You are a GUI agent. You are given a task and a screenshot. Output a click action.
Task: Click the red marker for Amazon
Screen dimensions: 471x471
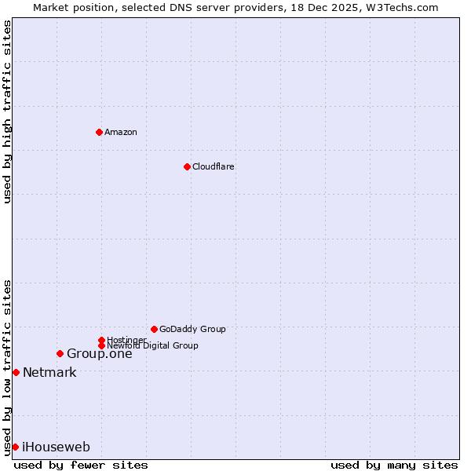(99, 132)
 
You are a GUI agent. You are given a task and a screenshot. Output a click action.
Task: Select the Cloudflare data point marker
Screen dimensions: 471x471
(187, 166)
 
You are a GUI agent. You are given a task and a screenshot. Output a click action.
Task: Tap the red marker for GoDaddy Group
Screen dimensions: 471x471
(154, 329)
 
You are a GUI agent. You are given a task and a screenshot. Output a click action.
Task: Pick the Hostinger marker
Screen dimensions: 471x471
(101, 340)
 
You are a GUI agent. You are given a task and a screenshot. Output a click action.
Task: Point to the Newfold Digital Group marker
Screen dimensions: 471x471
(101, 345)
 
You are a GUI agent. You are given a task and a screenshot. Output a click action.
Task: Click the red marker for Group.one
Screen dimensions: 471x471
(60, 353)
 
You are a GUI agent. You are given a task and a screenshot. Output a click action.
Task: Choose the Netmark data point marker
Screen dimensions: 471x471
(16, 372)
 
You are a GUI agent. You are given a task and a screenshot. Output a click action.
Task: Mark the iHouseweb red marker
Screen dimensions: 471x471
(15, 447)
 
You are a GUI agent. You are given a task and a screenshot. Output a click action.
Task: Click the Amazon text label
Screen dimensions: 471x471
(121, 132)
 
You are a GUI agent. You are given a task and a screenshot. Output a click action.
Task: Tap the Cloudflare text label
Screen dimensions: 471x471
(214, 166)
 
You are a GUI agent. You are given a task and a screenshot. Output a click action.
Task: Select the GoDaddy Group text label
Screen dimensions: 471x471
(192, 329)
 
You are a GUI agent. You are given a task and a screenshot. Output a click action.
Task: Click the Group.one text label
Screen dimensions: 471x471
(99, 353)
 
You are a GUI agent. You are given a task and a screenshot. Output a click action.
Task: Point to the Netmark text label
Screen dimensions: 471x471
(49, 372)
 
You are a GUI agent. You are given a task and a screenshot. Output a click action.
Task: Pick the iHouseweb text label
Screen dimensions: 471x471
(56, 447)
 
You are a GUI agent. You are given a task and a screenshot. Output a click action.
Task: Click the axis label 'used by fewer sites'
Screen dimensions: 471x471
(81, 465)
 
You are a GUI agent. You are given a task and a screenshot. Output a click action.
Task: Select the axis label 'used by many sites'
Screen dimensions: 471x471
(394, 465)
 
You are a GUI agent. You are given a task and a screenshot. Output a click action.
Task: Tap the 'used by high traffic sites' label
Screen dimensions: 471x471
(7, 111)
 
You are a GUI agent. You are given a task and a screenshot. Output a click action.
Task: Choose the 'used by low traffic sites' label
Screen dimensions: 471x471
(7, 367)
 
